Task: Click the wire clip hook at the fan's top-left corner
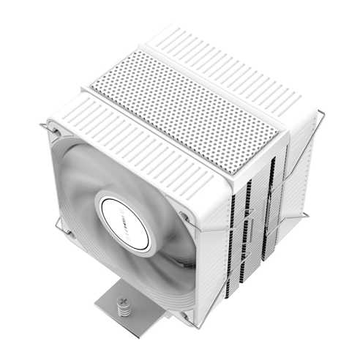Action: tap(45, 130)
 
